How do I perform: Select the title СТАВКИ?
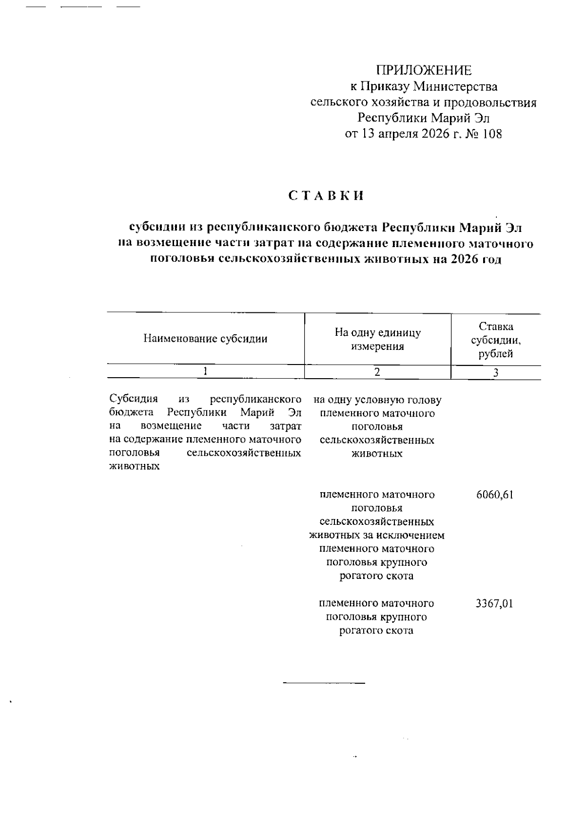326,196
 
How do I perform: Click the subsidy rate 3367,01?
494,603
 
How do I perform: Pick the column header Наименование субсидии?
205,339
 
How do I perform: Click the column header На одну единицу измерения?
377,339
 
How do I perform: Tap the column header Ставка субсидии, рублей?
495,340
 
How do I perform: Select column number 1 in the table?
205,371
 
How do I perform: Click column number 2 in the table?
377,372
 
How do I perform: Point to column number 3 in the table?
495,373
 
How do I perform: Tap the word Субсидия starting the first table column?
134,399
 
